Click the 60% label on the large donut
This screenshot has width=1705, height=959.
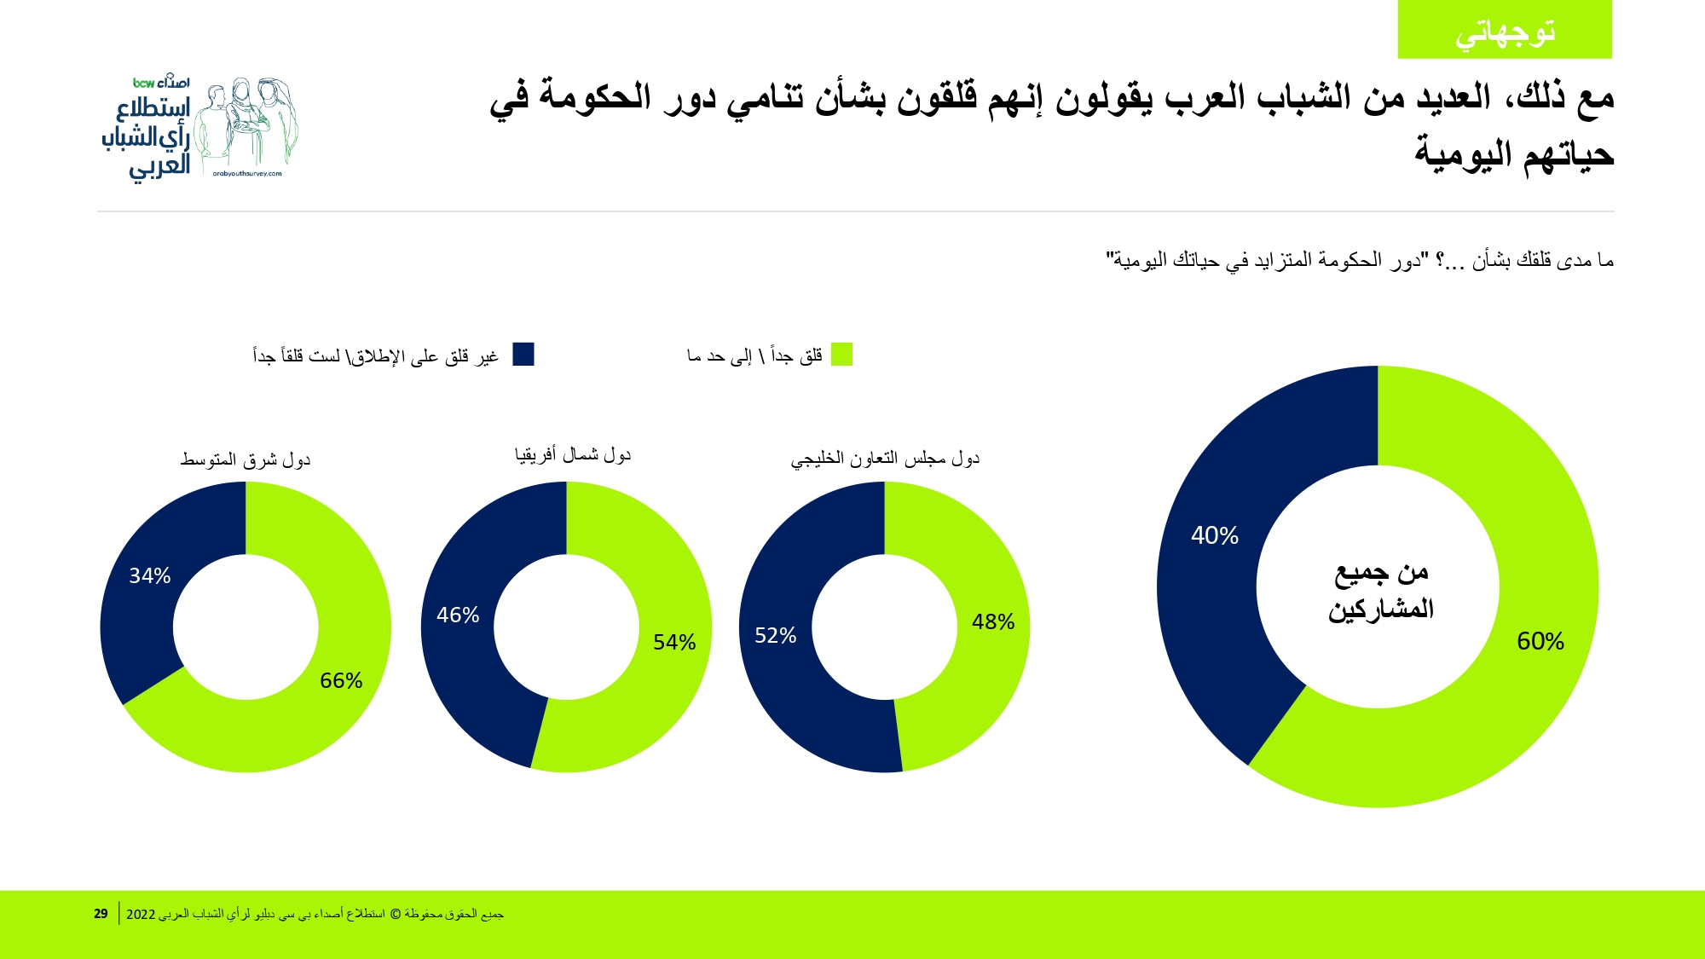(1540, 641)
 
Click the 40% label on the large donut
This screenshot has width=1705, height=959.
(1214, 535)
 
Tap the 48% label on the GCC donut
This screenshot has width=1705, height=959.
(992, 621)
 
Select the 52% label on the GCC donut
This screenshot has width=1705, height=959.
(775, 635)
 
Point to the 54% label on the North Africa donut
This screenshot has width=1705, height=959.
(674, 642)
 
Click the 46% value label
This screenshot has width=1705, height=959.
(458, 615)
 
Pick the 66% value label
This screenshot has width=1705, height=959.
(341, 680)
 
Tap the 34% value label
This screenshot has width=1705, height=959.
(150, 575)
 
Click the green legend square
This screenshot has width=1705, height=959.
(841, 354)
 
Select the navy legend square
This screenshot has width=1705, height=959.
(523, 354)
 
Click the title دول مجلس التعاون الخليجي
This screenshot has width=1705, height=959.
(885, 459)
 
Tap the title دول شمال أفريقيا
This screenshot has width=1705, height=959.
(572, 454)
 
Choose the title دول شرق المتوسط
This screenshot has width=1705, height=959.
(246, 459)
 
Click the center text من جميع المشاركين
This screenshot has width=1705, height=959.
(1380, 590)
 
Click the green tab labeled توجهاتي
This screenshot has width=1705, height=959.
(1505, 31)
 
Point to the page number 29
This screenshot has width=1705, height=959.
(101, 913)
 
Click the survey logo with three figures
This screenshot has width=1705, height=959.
(201, 128)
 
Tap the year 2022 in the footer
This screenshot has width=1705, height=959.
(141, 914)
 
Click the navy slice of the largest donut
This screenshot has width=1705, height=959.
(1211, 597)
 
